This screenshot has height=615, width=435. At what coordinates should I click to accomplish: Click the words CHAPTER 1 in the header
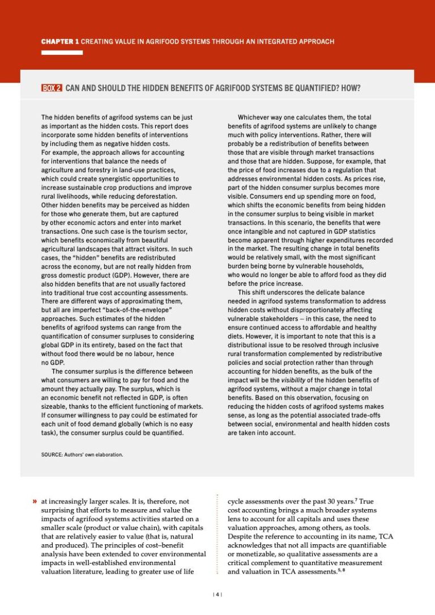60,42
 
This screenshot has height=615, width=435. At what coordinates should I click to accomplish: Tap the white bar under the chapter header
62,53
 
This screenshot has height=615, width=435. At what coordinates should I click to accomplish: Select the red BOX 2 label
52,88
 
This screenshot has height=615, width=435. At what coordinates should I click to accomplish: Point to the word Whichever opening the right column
255,117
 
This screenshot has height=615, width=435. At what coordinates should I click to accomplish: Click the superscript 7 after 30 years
356,499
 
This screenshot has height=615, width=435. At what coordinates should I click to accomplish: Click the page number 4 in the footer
217,594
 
